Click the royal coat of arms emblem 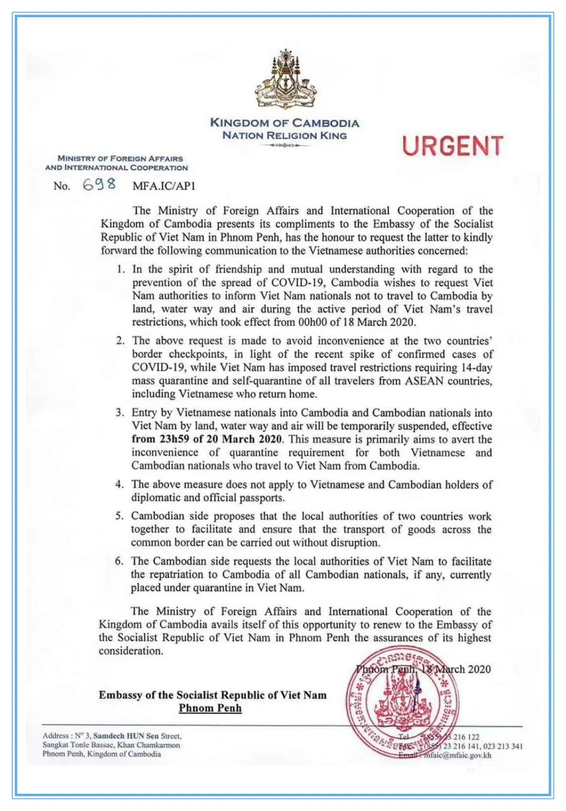(x=285, y=80)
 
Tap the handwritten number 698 (x=100, y=184)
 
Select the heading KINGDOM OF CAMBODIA (x=285, y=123)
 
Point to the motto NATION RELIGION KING (x=285, y=136)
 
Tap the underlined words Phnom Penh (x=210, y=708)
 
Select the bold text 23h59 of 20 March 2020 (x=207, y=439)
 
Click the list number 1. (x=121, y=269)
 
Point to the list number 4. (x=119, y=484)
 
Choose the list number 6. (x=119, y=561)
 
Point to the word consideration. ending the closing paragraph (x=131, y=651)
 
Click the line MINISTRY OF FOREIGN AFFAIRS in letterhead (x=121, y=158)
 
